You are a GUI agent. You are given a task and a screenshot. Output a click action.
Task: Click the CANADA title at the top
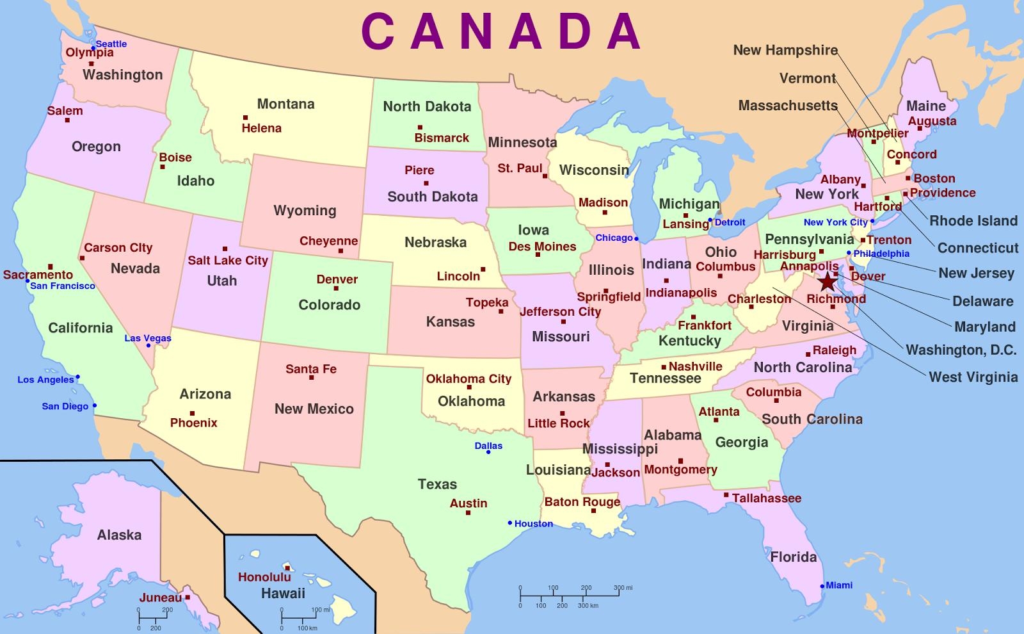coord(501,31)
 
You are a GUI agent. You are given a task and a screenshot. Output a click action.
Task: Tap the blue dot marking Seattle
coord(93,48)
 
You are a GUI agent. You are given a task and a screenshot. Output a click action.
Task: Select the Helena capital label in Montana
coord(261,128)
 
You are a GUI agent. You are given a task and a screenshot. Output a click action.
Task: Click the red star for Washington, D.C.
coord(828,280)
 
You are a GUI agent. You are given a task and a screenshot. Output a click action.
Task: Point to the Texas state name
coord(437,484)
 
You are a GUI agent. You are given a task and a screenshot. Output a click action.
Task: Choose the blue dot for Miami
coord(822,586)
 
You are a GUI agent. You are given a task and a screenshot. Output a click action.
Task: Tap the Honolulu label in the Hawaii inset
coord(264,577)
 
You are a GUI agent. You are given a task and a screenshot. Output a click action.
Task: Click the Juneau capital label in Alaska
coord(161,597)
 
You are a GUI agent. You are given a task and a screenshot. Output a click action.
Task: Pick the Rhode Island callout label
coord(973,221)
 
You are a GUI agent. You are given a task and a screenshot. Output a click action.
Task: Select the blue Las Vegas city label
coord(148,338)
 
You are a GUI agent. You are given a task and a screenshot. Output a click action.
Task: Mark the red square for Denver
coord(336,289)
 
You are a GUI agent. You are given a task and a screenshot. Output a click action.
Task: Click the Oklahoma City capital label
coord(468,378)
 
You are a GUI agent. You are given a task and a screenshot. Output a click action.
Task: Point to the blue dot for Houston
coord(510,523)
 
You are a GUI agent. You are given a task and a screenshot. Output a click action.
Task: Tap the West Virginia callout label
coord(973,377)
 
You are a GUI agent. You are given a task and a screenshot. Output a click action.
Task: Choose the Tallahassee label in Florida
coord(766,498)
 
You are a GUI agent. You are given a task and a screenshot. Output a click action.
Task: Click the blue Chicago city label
coord(614,238)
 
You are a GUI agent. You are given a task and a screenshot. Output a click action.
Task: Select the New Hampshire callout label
coord(785,50)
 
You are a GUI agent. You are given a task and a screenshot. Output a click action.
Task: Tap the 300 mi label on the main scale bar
coord(623,588)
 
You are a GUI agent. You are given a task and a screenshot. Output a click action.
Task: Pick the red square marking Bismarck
coord(420,128)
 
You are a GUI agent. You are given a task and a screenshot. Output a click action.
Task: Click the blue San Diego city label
coord(65,406)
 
